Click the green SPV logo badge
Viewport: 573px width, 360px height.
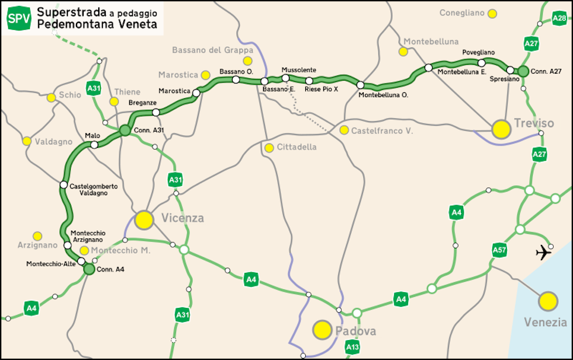(19, 18)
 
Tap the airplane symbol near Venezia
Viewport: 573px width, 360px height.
(544, 252)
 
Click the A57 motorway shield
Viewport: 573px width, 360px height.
(499, 251)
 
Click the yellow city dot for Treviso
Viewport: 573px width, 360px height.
(500, 129)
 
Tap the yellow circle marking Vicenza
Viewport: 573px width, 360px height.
(144, 220)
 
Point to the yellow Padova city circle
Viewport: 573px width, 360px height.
(322, 330)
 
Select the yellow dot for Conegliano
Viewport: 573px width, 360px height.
(492, 13)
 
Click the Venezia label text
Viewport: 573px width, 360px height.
(546, 322)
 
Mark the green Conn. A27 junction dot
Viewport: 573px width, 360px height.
(523, 71)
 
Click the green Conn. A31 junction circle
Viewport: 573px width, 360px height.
(125, 130)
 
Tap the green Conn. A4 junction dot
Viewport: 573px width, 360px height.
(89, 269)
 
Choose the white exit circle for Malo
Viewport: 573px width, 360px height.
(94, 144)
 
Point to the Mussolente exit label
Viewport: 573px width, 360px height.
(298, 70)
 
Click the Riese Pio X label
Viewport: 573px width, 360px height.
(322, 89)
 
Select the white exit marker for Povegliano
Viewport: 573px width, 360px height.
(482, 63)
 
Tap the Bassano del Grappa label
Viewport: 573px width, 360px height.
(213, 50)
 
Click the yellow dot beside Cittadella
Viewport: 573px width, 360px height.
(269, 148)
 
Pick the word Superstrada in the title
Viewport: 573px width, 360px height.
(64, 12)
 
